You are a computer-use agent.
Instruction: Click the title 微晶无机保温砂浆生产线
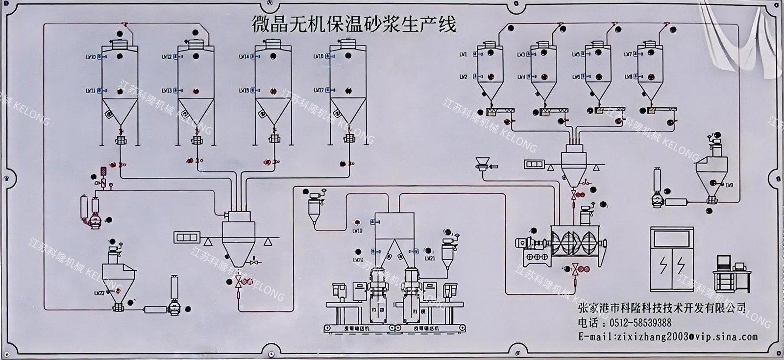coord(354,24)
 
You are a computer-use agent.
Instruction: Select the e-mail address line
coord(668,336)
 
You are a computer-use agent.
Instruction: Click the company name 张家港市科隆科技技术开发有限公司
coord(662,308)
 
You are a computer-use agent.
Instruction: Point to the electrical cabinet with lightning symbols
coord(672,260)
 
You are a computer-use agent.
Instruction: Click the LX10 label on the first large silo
coord(91,57)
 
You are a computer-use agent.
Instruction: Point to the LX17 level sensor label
coord(318,91)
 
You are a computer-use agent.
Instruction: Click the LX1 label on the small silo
coord(463,55)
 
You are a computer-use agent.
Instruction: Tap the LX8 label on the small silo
coord(628,76)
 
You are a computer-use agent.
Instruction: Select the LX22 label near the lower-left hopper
coord(98,293)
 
